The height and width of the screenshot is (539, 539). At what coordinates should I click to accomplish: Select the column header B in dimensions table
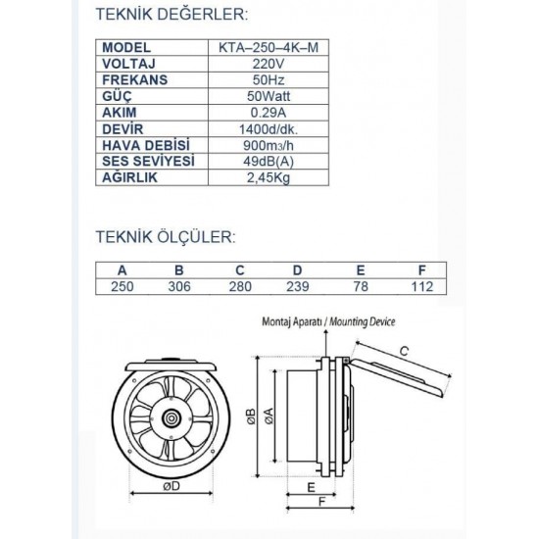pyautogui.click(x=179, y=270)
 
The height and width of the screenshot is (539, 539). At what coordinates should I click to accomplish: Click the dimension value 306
pyautogui.click(x=179, y=286)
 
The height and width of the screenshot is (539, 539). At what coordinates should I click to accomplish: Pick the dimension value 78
pyautogui.click(x=360, y=286)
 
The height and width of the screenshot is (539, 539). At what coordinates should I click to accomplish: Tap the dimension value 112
pyautogui.click(x=421, y=286)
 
